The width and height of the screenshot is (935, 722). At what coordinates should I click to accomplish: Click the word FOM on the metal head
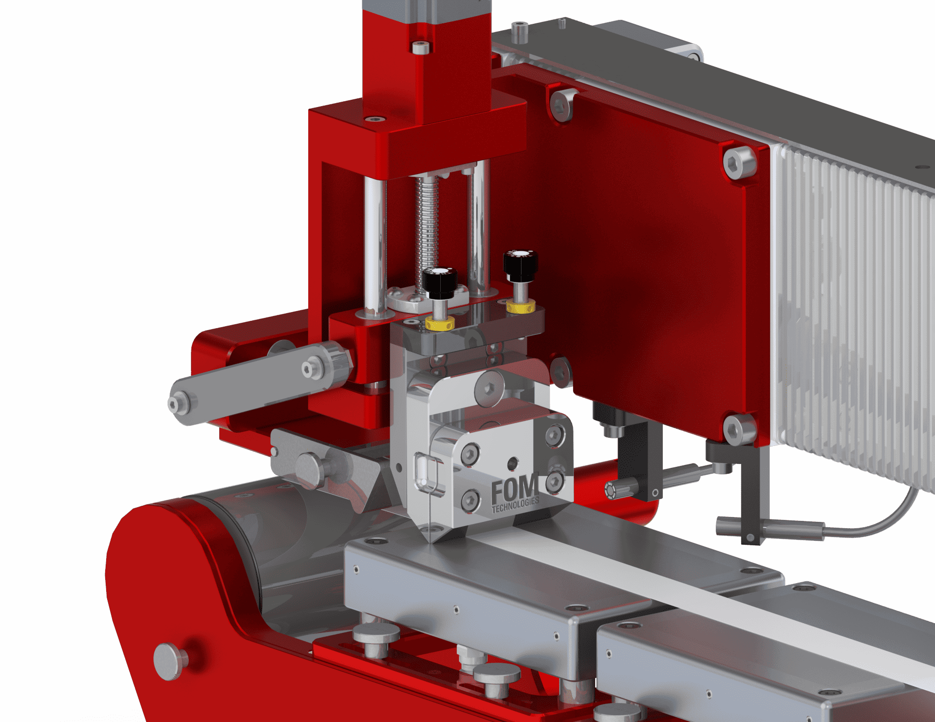pyautogui.click(x=514, y=488)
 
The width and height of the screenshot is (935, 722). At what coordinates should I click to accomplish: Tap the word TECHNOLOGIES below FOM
pyautogui.click(x=515, y=505)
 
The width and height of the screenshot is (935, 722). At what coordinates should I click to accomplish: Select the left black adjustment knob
pyautogui.click(x=439, y=282)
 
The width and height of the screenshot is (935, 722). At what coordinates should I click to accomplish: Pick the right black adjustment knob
pyautogui.click(x=521, y=265)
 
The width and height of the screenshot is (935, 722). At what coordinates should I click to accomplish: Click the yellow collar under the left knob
pyautogui.click(x=440, y=322)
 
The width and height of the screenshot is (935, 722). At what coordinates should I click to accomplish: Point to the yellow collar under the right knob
pyautogui.click(x=521, y=306)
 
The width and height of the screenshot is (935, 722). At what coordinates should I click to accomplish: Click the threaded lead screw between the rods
pyautogui.click(x=427, y=234)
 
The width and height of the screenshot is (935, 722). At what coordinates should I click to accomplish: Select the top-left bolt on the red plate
pyautogui.click(x=561, y=104)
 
